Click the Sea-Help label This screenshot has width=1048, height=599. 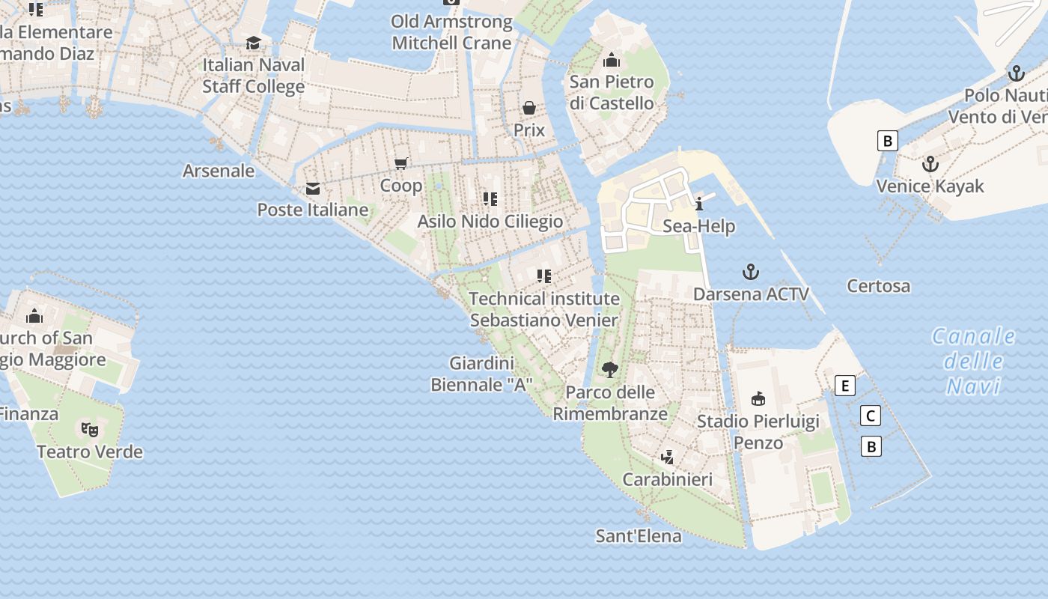(x=698, y=226)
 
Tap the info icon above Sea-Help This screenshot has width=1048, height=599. (x=699, y=204)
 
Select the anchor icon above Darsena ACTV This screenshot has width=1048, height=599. (x=750, y=272)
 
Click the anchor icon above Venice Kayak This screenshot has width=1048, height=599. (x=930, y=164)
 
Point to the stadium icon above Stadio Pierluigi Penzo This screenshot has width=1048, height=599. (x=758, y=398)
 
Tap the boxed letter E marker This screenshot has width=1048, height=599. (x=844, y=386)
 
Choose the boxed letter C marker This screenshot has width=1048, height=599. (x=870, y=416)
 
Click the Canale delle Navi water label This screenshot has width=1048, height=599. (x=973, y=361)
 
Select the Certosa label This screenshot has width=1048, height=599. (x=878, y=285)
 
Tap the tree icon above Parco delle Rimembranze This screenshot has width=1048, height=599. (x=609, y=369)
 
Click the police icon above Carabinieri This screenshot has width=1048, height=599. (x=668, y=457)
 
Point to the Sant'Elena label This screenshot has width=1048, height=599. (x=639, y=536)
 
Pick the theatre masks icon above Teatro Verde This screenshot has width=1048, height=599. (x=90, y=429)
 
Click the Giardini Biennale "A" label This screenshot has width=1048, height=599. (x=481, y=374)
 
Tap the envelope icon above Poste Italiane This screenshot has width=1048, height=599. (x=312, y=188)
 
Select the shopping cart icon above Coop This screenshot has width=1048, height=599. (x=401, y=163)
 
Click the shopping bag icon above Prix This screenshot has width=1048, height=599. (x=528, y=108)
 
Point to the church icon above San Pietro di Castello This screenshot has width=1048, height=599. (x=611, y=60)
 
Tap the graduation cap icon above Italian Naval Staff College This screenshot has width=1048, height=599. (x=253, y=43)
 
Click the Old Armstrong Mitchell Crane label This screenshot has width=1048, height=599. (x=451, y=32)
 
